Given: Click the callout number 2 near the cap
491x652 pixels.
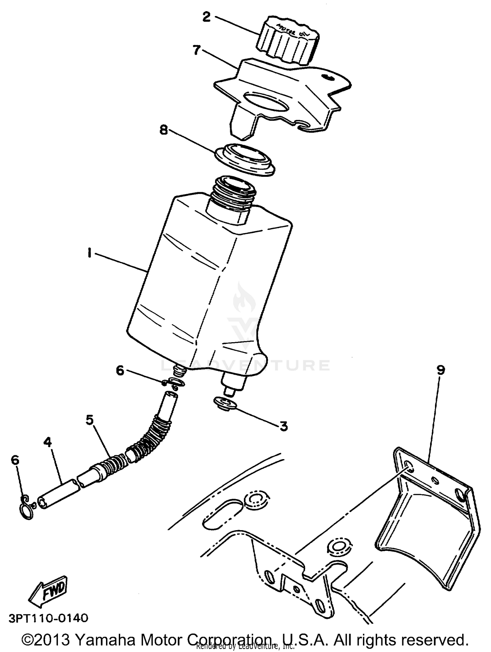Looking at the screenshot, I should [x=207, y=17].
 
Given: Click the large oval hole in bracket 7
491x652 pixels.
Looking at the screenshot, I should [x=266, y=102].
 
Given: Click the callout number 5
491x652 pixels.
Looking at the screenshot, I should [x=90, y=419].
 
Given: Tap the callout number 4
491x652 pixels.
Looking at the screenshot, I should [x=48, y=442].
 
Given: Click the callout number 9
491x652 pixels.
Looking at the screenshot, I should [x=441, y=370].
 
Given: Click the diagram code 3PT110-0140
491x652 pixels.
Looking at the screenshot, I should [x=48, y=618].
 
